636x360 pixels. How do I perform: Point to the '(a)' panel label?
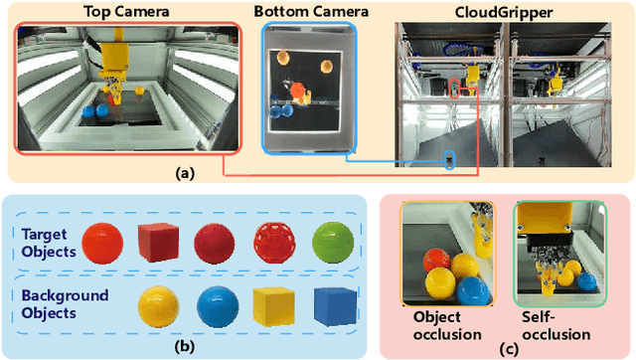coord(184,172)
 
